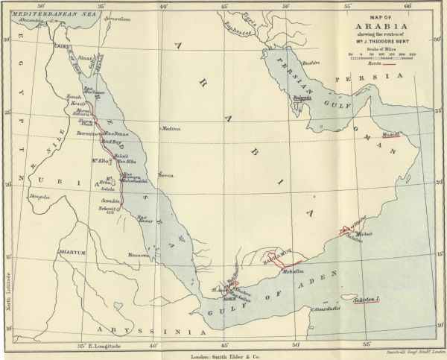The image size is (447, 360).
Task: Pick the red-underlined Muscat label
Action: coord(391,135)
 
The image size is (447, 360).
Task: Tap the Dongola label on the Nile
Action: coord(39,198)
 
